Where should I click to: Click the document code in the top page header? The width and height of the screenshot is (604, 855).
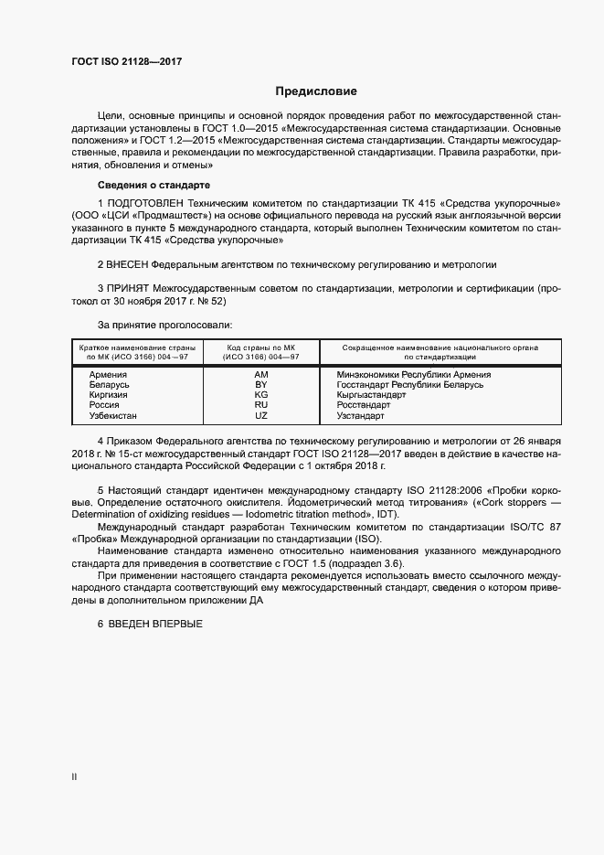pyautogui.click(x=126, y=61)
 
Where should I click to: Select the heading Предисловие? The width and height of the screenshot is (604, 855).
pyautogui.click(x=316, y=91)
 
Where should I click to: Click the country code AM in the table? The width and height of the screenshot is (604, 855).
pyautogui.click(x=260, y=375)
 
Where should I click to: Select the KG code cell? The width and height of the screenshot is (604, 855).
pyautogui.click(x=260, y=395)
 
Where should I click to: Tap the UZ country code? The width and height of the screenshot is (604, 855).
pyautogui.click(x=260, y=415)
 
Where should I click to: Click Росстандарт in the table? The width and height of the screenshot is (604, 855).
pyautogui.click(x=363, y=405)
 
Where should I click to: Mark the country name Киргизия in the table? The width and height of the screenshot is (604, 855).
pyautogui.click(x=110, y=395)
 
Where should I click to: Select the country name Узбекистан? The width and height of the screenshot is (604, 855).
pyautogui.click(x=113, y=415)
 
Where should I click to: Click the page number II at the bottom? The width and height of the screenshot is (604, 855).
pyautogui.click(x=74, y=777)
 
